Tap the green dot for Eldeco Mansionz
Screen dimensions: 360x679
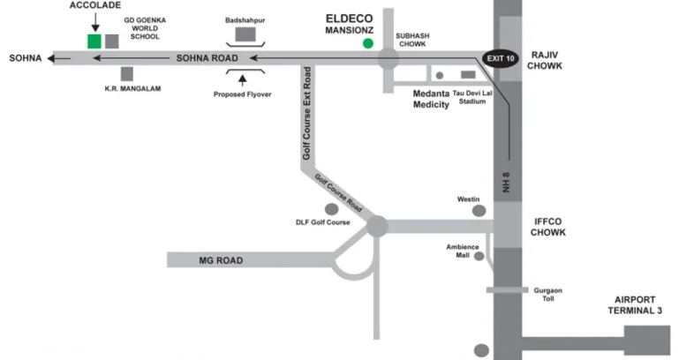click(x=367, y=43)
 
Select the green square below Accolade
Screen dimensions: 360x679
click(x=94, y=41)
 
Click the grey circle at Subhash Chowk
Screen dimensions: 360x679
click(x=389, y=59)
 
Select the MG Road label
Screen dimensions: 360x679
click(x=221, y=260)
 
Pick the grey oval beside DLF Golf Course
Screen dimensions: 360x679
click(x=332, y=209)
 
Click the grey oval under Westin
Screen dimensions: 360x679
click(x=479, y=211)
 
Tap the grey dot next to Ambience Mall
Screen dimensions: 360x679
click(x=479, y=256)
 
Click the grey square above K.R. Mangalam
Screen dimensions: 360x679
click(x=128, y=74)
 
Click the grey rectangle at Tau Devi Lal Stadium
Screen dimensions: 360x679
click(x=467, y=75)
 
